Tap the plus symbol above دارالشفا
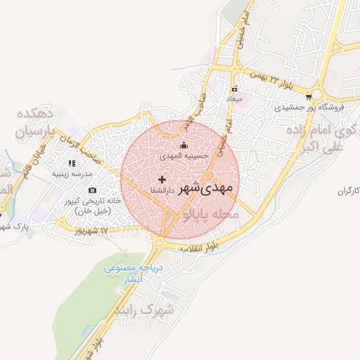(162, 180)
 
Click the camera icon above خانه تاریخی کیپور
(93, 190)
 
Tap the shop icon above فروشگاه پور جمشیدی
(309, 97)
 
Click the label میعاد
(234, 100)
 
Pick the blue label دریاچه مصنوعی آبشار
(134, 274)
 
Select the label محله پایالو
(211, 212)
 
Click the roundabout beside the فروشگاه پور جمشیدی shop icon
(319, 94)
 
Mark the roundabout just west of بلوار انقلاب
(159, 243)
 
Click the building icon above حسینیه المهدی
(185, 146)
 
